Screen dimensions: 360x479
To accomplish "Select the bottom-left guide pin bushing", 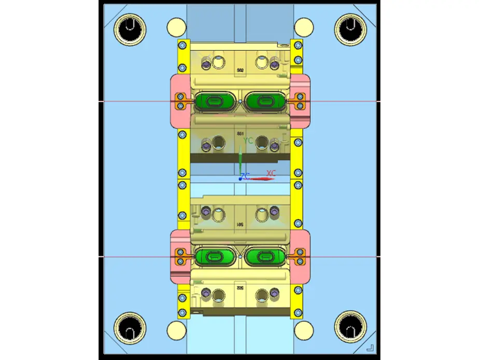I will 128,328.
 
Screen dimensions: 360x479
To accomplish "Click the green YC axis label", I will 248,141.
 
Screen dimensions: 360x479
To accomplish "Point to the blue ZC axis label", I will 246,176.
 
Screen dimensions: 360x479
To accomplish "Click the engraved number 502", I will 240,70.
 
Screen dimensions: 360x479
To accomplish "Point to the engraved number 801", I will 240,134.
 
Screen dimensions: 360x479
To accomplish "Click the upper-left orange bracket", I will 181,100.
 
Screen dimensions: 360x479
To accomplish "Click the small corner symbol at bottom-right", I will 370,347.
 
